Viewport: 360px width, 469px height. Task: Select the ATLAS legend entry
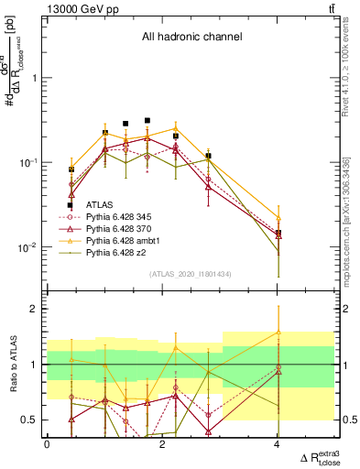coord(99,204)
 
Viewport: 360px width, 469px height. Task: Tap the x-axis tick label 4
coord(278,445)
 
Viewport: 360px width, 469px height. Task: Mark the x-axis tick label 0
coord(47,445)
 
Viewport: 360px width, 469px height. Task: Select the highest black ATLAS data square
coord(147,120)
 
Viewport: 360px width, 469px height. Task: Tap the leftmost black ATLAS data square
coord(71,205)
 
